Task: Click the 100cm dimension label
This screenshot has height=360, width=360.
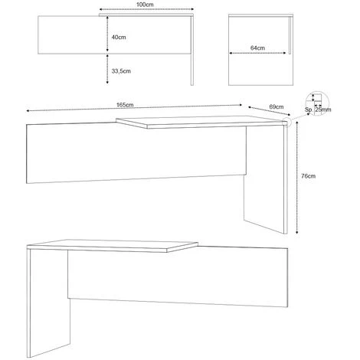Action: tap(145, 5)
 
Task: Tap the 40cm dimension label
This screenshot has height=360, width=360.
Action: tap(119, 38)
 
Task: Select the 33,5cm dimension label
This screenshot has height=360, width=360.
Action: tap(121, 71)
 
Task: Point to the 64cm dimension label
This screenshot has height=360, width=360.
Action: tap(257, 47)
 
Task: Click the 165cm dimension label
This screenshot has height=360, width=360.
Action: tap(125, 105)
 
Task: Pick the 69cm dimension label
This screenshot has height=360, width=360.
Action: tap(277, 106)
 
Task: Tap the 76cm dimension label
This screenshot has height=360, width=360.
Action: tap(308, 176)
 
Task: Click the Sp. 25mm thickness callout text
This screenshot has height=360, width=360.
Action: tap(318, 110)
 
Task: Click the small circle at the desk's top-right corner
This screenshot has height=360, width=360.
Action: tap(286, 122)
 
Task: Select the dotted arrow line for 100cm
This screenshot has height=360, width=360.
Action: tap(146, 9)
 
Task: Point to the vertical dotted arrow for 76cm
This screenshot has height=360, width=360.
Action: tap(297, 178)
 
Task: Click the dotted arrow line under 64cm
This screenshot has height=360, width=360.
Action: tap(257, 53)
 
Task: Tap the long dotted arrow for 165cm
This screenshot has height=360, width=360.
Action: tap(134, 108)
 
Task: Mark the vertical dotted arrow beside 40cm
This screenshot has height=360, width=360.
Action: tap(107, 34)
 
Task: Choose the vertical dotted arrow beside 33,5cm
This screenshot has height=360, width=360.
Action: tap(107, 69)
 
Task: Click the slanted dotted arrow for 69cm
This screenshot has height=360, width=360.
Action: tap(270, 111)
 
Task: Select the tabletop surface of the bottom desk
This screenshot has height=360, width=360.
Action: tap(113, 245)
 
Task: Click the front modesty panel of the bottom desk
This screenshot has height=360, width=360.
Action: tap(178, 277)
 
